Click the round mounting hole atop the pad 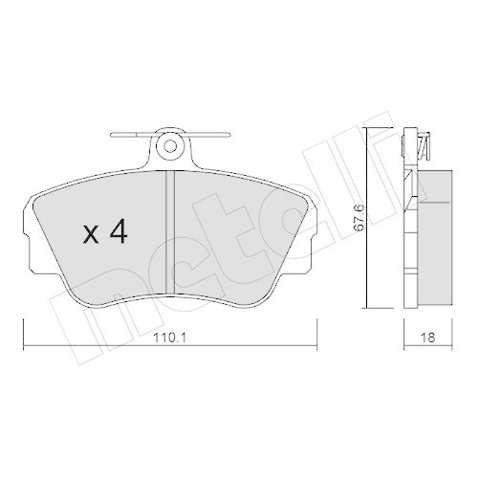(170, 146)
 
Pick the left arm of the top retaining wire (129, 135)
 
